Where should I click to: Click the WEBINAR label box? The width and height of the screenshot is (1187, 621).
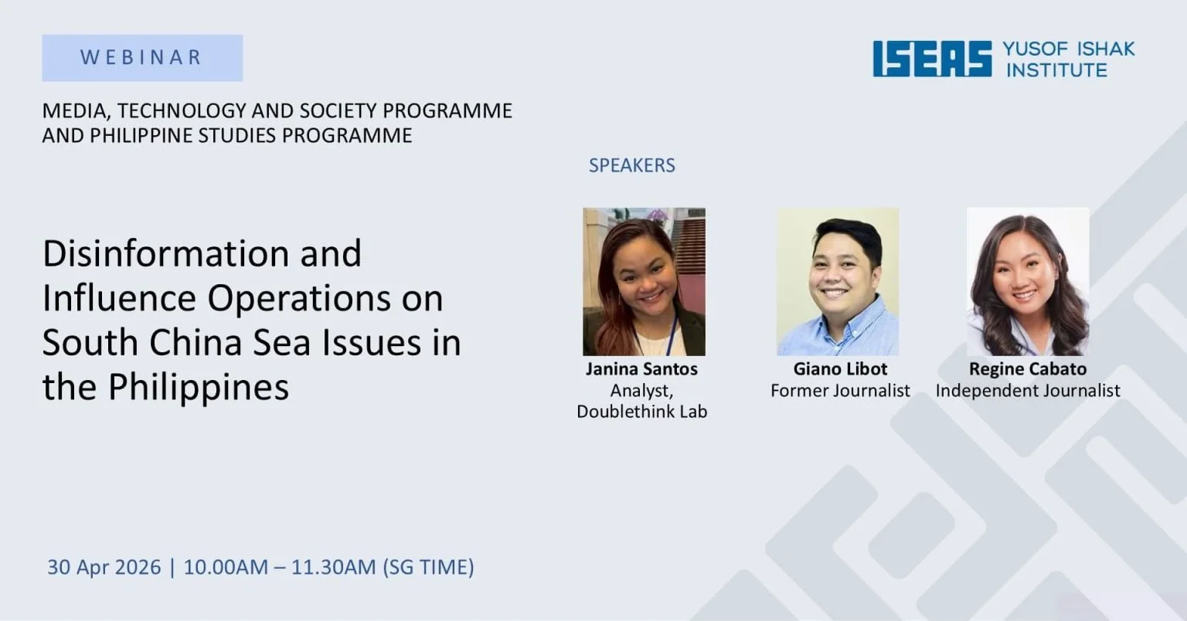[x=142, y=58]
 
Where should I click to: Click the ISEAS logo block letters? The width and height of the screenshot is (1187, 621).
[x=932, y=59]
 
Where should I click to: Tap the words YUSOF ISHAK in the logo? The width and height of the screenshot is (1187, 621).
[x=1069, y=49]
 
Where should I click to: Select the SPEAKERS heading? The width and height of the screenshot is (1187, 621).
[x=631, y=165]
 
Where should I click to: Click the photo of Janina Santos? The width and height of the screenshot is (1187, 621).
[x=644, y=281]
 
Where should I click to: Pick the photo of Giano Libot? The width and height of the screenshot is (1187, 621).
[x=838, y=281]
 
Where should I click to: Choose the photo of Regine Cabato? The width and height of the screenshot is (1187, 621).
[x=1028, y=281]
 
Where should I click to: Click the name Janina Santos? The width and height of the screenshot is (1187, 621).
[x=641, y=369]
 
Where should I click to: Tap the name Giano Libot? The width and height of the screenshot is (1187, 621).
[x=840, y=369]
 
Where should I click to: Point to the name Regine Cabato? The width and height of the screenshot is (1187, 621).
[x=1028, y=369]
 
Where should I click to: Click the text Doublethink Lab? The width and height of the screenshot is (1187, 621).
[x=641, y=412]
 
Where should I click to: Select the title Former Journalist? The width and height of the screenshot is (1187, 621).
[x=840, y=391]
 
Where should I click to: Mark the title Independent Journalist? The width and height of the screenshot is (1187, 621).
[x=1028, y=391]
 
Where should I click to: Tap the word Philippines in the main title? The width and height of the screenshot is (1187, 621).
[x=199, y=387]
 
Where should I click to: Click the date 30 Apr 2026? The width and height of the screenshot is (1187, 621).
[x=104, y=567]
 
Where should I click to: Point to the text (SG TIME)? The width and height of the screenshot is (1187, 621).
[x=428, y=567]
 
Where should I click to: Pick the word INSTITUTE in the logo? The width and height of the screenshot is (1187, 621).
[x=1056, y=70]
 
